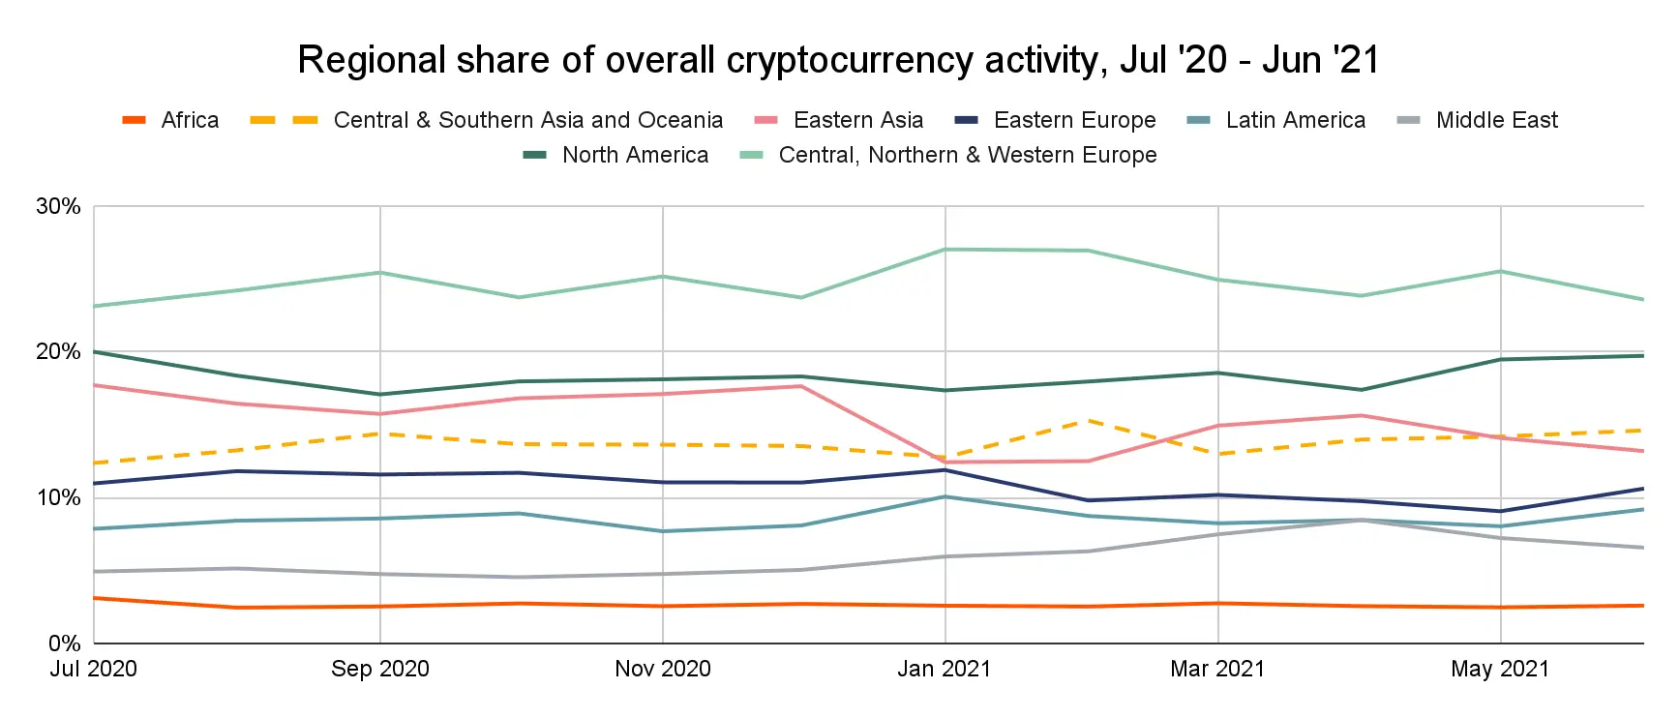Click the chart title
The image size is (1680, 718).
click(x=838, y=60)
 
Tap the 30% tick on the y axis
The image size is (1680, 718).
click(x=58, y=206)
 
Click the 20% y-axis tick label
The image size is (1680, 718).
click(x=58, y=351)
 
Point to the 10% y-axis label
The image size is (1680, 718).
click(x=58, y=497)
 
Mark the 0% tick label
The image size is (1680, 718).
click(x=64, y=643)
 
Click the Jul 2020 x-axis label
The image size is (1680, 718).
click(x=94, y=669)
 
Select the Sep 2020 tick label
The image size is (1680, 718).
click(x=380, y=669)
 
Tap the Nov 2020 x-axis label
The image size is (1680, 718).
click(x=663, y=669)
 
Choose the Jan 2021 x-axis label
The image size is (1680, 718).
click(x=945, y=669)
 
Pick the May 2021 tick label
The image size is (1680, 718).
click(x=1500, y=669)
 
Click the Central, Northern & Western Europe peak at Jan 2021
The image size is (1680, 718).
click(x=945, y=250)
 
